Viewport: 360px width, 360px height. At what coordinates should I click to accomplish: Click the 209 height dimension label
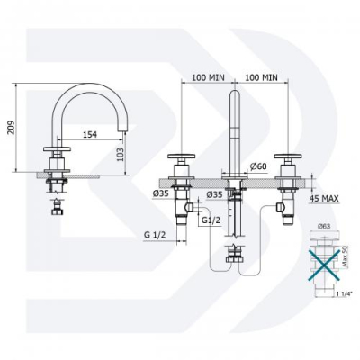point(11,128)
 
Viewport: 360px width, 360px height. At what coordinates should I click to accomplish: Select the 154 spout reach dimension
point(90,135)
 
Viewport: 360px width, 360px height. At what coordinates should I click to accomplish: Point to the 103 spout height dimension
point(121,155)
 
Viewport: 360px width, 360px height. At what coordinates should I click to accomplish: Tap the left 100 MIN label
point(208,77)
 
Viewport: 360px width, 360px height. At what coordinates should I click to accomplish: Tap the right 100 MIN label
point(261,77)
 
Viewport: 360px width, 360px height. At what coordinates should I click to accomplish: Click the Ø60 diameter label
point(258,166)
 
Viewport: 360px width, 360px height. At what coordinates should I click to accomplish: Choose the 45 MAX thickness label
point(324,198)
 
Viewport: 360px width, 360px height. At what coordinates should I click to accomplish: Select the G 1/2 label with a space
point(155,235)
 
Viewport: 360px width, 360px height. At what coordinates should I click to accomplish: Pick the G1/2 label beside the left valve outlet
point(211,220)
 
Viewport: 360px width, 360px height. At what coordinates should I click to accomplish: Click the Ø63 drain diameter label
point(323,226)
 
